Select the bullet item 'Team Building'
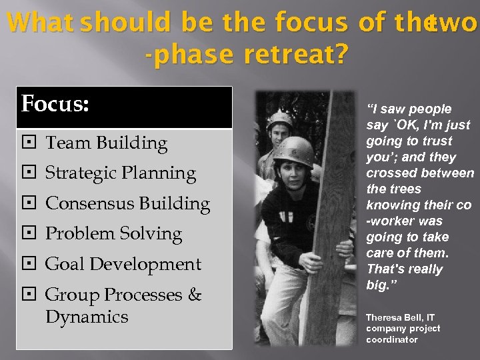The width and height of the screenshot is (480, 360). pos(106,143)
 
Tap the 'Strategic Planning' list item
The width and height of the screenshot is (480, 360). pos(120,173)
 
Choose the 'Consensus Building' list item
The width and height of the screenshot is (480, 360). pos(127,203)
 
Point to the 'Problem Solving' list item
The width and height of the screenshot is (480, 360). pos(113,234)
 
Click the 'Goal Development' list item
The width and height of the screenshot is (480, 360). pos(123,264)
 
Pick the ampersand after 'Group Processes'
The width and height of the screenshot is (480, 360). pos(194,295)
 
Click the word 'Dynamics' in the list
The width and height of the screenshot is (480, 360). pos(87,317)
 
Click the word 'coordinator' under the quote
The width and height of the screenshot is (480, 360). pos(392,339)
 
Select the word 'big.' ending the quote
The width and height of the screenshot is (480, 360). pos(378,285)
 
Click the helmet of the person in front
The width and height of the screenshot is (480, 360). pos(294,151)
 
